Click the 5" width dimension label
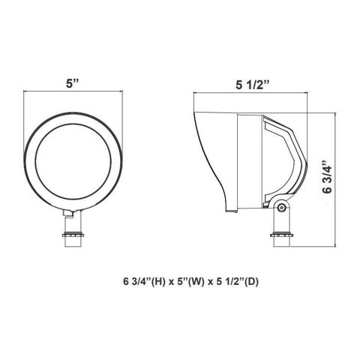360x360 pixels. pos(72,83)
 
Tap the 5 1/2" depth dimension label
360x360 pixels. pos(252,85)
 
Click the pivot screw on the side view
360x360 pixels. pos(282,207)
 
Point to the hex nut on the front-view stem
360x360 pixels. pos(73,235)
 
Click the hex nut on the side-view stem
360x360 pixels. pos(281,235)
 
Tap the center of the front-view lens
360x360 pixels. pos(73,161)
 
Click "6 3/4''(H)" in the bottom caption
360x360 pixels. pos(144,282)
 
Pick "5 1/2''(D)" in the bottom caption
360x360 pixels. pos(237,282)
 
